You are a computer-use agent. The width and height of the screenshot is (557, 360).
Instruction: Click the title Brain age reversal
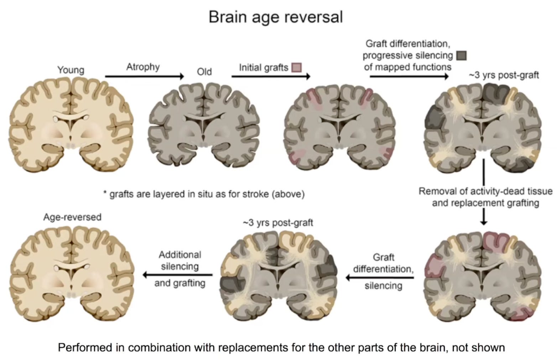[x=275, y=17]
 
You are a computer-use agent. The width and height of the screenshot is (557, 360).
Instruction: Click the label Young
[x=71, y=70]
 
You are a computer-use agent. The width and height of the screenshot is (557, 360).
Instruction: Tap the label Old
[x=204, y=72]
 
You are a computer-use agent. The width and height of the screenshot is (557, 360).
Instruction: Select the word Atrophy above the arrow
[x=143, y=67]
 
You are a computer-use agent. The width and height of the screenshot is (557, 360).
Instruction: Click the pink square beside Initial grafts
[x=296, y=67]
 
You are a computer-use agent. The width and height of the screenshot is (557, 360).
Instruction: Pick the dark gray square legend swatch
[x=461, y=55]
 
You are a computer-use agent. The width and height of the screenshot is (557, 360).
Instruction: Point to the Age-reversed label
[x=72, y=217]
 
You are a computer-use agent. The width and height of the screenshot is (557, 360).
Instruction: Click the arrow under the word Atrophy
[x=144, y=76]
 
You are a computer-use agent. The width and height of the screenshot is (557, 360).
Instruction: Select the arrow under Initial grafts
[x=271, y=76]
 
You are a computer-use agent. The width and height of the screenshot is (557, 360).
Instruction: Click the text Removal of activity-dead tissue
[x=485, y=191]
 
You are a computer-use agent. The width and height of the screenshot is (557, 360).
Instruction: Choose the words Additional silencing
[x=180, y=261]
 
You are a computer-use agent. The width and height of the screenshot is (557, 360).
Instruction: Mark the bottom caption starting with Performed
[x=281, y=347]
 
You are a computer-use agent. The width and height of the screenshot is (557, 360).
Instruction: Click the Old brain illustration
[x=203, y=123]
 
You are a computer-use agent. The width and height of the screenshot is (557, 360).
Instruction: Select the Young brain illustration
[x=71, y=123]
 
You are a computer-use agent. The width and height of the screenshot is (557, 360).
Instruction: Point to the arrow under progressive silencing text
[x=409, y=76]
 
